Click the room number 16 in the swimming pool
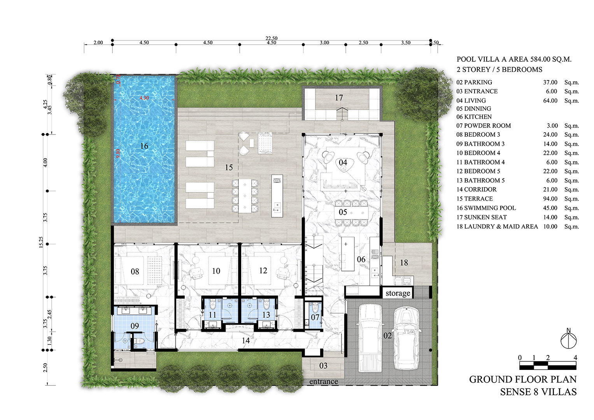[x=144, y=146]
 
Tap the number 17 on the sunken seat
[x=339, y=98]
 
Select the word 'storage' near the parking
[x=398, y=293]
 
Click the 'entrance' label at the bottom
[x=323, y=381]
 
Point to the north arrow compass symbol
[x=568, y=339]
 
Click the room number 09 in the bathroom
[x=135, y=326]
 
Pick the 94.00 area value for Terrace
[x=550, y=199]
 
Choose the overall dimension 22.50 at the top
[x=271, y=38]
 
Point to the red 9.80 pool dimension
[x=118, y=153]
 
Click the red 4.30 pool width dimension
[x=144, y=98]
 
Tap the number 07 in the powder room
[x=315, y=317]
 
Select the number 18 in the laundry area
[x=404, y=263]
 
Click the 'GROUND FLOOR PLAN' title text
[x=522, y=379]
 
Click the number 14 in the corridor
[x=245, y=341]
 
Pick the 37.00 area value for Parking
[x=550, y=82]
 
